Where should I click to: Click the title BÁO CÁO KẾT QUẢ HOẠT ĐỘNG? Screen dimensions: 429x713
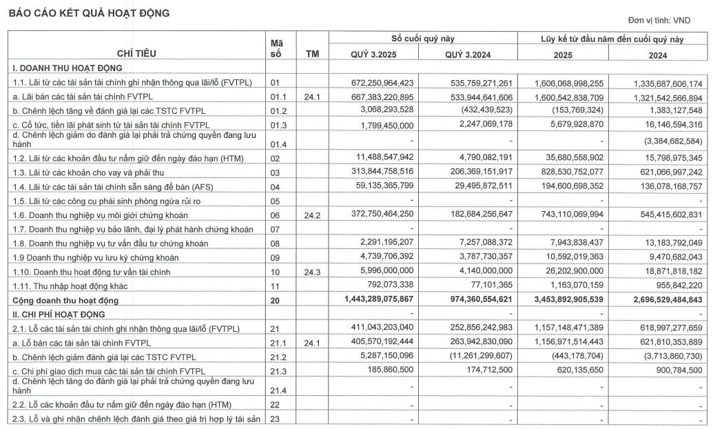point(88,13)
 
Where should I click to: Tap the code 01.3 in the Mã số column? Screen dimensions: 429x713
point(276,124)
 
